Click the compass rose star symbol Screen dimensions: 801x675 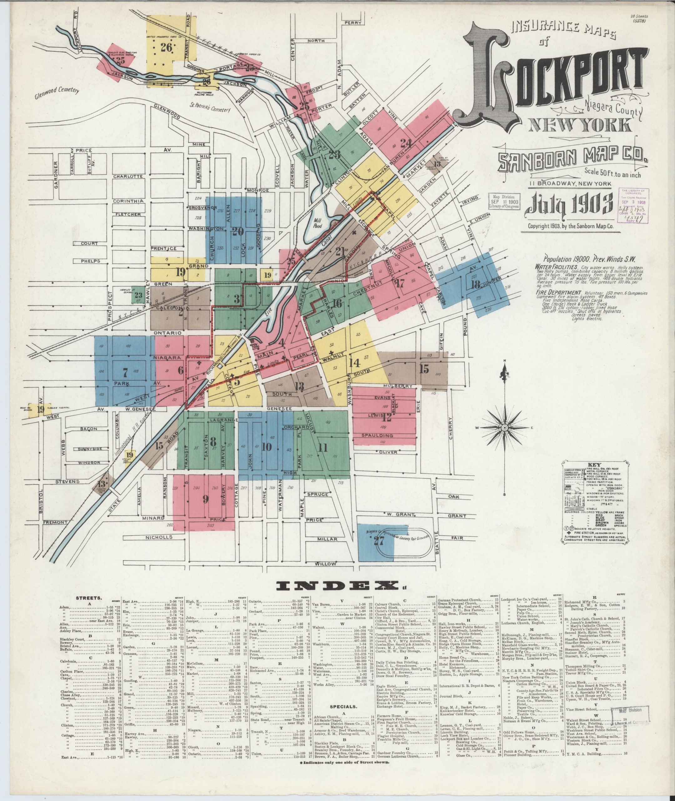click(504, 427)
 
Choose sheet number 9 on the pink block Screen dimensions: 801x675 click(205, 499)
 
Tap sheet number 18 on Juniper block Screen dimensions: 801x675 click(476, 285)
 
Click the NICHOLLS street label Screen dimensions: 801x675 click(159, 537)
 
